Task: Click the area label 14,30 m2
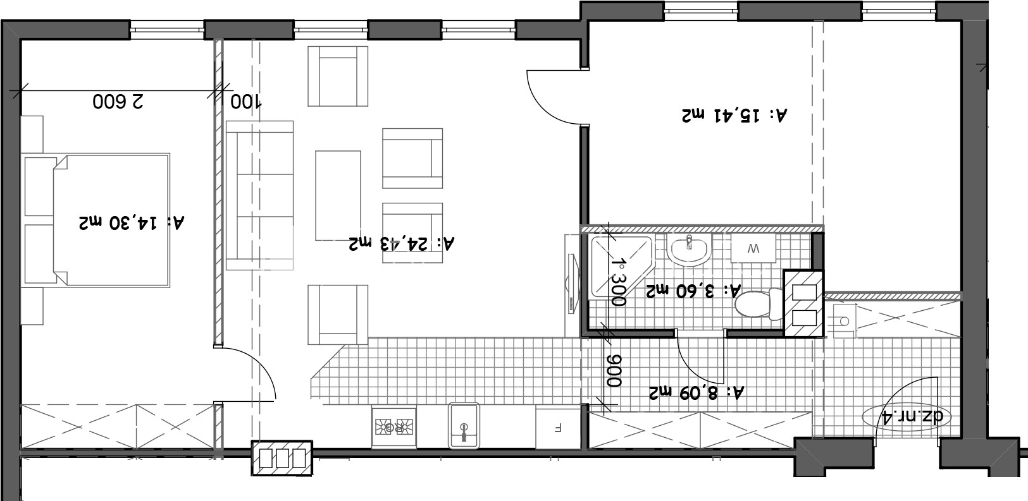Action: (x=132, y=222)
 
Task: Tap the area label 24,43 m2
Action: (x=402, y=243)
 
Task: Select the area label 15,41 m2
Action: (x=734, y=115)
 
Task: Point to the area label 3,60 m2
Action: (x=693, y=290)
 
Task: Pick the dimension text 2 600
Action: (x=118, y=101)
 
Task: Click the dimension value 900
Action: (x=614, y=371)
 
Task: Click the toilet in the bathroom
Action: (x=760, y=303)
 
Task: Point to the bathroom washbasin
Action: (x=690, y=250)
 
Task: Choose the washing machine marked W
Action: (x=753, y=248)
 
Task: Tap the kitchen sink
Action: (x=464, y=425)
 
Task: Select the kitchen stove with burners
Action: (x=393, y=426)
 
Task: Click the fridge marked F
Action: (x=558, y=428)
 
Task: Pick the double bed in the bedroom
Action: (x=96, y=220)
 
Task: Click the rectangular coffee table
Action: (x=338, y=196)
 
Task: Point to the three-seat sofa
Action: (x=260, y=196)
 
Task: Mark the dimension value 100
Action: (x=245, y=101)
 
